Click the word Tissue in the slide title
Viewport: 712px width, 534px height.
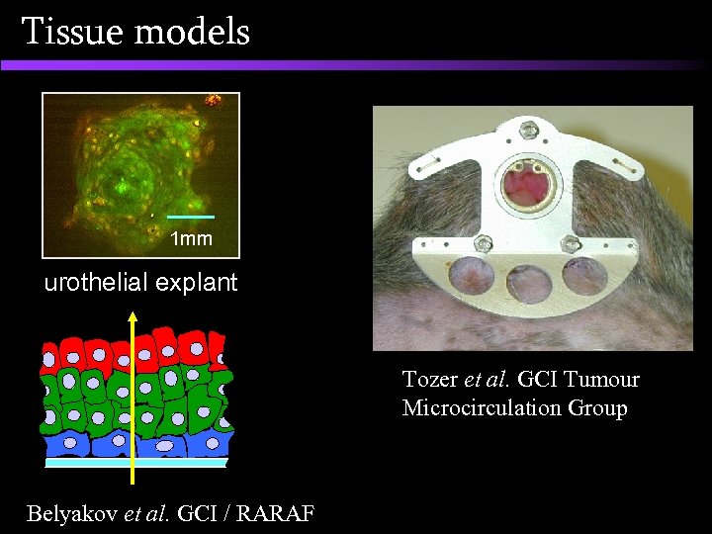72,32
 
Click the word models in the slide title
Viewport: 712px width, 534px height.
192,32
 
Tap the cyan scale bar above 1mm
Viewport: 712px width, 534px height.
190,216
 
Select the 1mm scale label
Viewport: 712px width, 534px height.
190,238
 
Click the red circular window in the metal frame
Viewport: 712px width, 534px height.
528,184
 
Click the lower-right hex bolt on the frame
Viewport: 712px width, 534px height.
570,243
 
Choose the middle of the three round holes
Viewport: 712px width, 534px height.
526,282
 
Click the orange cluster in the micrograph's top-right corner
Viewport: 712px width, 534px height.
212,101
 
